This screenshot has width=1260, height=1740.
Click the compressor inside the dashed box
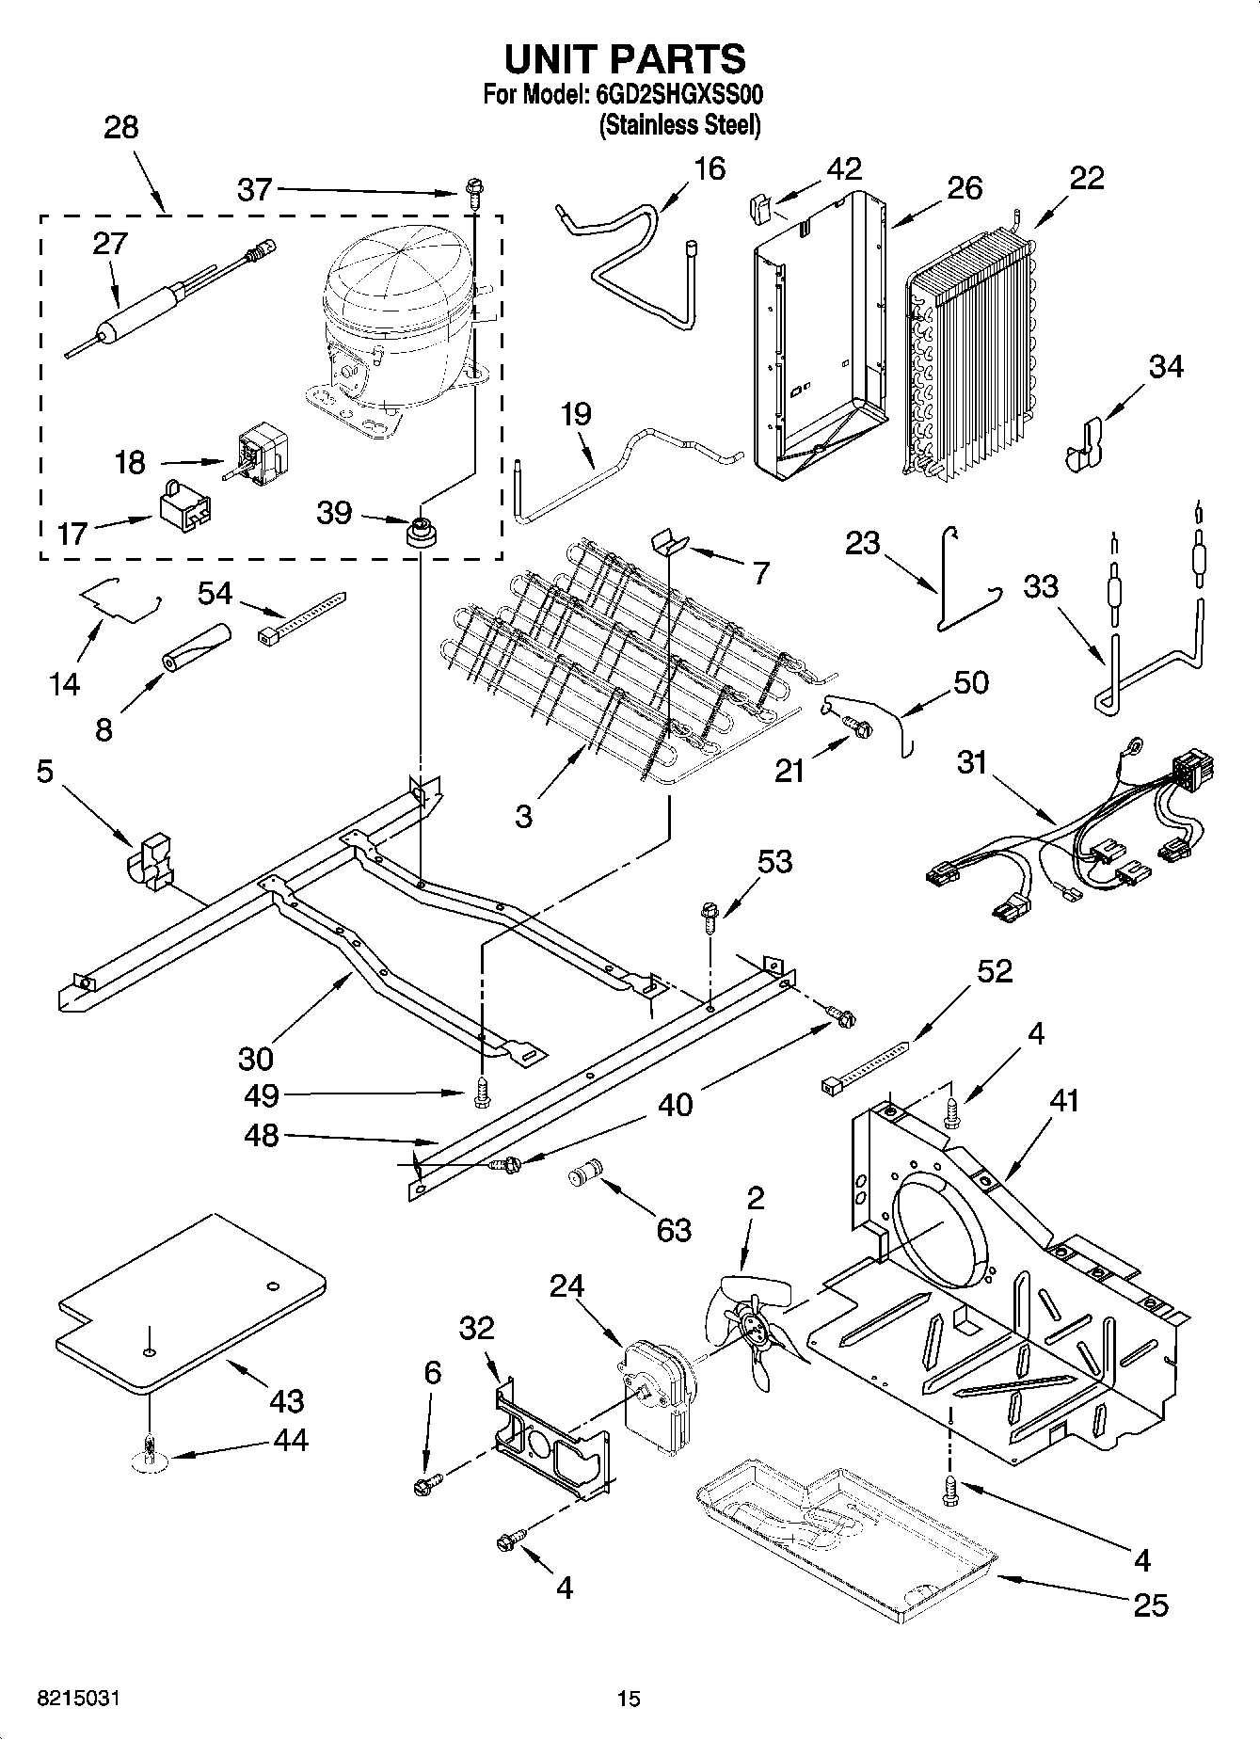click(395, 320)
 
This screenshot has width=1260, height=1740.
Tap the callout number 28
click(120, 127)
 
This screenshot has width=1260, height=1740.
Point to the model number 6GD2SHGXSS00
click(677, 95)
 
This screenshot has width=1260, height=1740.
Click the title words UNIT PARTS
click(624, 58)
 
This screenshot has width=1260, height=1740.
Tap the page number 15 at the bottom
click(629, 1698)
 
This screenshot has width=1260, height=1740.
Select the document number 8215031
click(79, 1698)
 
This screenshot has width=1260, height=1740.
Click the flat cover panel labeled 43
click(188, 1303)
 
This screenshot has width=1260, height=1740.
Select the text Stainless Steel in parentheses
click(679, 125)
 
